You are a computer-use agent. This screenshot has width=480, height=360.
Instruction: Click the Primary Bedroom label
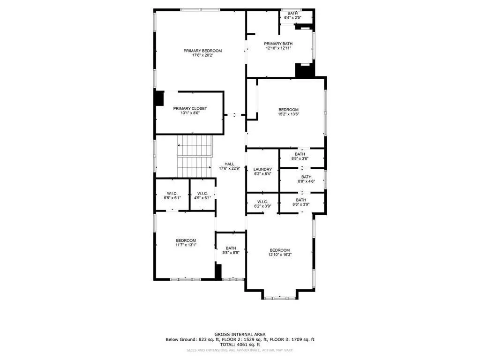tap(202, 51)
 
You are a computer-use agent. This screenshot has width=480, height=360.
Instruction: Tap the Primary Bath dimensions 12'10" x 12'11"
tap(279, 48)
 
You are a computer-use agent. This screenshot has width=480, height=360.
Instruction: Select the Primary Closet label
tap(190, 108)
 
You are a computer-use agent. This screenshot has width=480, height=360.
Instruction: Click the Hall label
tap(229, 164)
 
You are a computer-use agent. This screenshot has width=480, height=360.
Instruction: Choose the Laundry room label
tap(262, 169)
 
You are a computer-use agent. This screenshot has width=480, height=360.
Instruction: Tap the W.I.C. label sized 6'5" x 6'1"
tap(172, 193)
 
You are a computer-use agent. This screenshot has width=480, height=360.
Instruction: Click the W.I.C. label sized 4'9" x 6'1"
tap(202, 193)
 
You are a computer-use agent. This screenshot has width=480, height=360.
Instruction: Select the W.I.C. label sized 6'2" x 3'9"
tap(262, 202)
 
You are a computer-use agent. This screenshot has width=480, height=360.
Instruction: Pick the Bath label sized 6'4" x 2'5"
tap(292, 13)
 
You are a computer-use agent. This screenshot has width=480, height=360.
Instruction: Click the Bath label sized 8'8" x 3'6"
tap(300, 154)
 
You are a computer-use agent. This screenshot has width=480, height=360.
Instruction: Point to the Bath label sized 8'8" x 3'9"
tap(300, 200)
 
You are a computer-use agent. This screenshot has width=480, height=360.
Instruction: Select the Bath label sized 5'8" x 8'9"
tap(231, 248)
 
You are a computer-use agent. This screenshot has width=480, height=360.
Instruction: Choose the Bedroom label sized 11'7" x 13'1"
tap(186, 240)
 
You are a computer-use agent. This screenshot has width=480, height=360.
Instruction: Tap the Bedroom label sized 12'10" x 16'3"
tap(279, 250)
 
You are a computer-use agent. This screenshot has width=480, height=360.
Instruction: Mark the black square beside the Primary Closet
tap(159, 98)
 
